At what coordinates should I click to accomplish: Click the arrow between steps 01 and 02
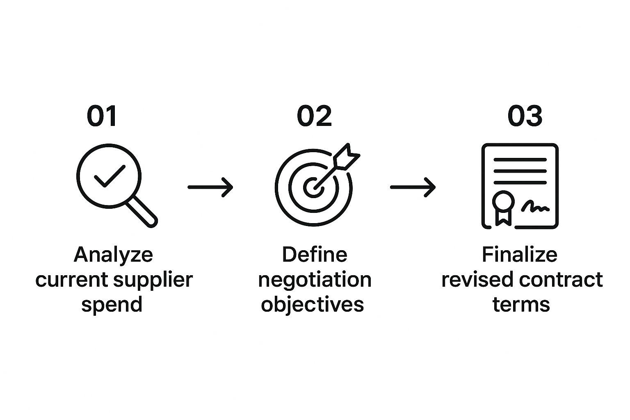click(x=210, y=187)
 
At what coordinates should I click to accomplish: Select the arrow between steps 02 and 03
click(x=413, y=187)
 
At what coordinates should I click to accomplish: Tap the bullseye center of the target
click(x=313, y=187)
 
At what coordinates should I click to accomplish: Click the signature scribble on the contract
click(x=535, y=207)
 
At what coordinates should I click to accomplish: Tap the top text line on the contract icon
click(x=520, y=160)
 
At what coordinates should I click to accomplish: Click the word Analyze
click(x=113, y=255)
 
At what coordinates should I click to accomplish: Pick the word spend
click(x=112, y=305)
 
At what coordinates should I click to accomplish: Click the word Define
click(x=314, y=255)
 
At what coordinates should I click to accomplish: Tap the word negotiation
click(x=315, y=280)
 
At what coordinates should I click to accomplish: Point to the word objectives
click(x=313, y=305)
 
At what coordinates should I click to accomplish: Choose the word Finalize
click(x=519, y=255)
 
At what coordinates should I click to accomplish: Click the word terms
click(x=521, y=305)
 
